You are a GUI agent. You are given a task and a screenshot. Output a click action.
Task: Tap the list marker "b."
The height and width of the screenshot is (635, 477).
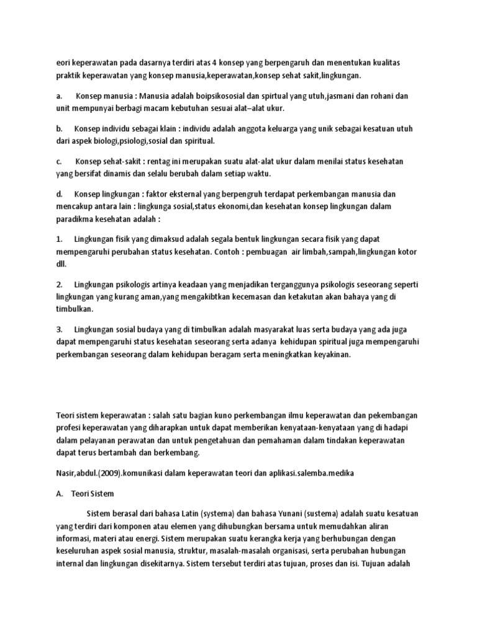point(60,128)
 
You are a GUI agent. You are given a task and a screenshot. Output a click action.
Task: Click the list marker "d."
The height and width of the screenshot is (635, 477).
point(60,193)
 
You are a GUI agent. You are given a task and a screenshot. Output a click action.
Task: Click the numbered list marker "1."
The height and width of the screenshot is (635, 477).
point(60,239)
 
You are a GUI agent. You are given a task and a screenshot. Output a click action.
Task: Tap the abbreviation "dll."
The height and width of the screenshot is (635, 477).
point(61,264)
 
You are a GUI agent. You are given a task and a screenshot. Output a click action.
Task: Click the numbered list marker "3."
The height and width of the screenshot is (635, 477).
point(60,329)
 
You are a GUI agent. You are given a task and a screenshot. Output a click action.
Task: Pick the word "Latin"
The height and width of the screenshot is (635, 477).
point(192,514)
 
